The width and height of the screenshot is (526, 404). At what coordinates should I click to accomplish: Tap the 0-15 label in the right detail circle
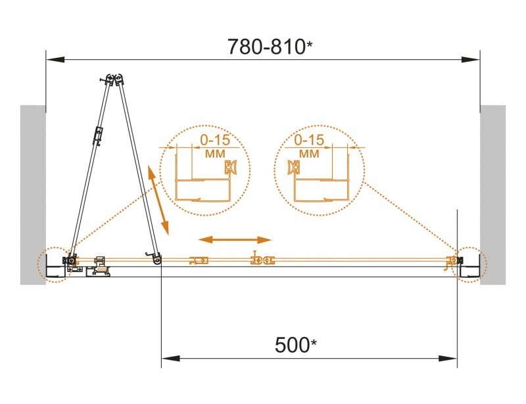pyautogui.click(x=309, y=140)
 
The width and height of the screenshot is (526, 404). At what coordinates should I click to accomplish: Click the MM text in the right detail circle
pyautogui.click(x=309, y=154)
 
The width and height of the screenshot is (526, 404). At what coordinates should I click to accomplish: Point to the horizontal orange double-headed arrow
pyautogui.click(x=235, y=240)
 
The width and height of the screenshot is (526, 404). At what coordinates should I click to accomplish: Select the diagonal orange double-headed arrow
pyautogui.click(x=158, y=201)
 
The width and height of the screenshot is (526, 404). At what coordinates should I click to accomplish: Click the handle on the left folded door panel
pyautogui.click(x=98, y=137)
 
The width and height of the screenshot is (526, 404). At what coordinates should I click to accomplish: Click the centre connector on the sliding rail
pyautogui.click(x=261, y=261)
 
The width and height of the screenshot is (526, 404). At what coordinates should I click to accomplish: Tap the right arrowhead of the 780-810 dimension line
pyautogui.click(x=471, y=60)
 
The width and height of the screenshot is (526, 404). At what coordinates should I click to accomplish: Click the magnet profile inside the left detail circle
pyautogui.click(x=231, y=168)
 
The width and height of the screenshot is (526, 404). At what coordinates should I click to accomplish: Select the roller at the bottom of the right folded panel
pyautogui.click(x=157, y=262)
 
